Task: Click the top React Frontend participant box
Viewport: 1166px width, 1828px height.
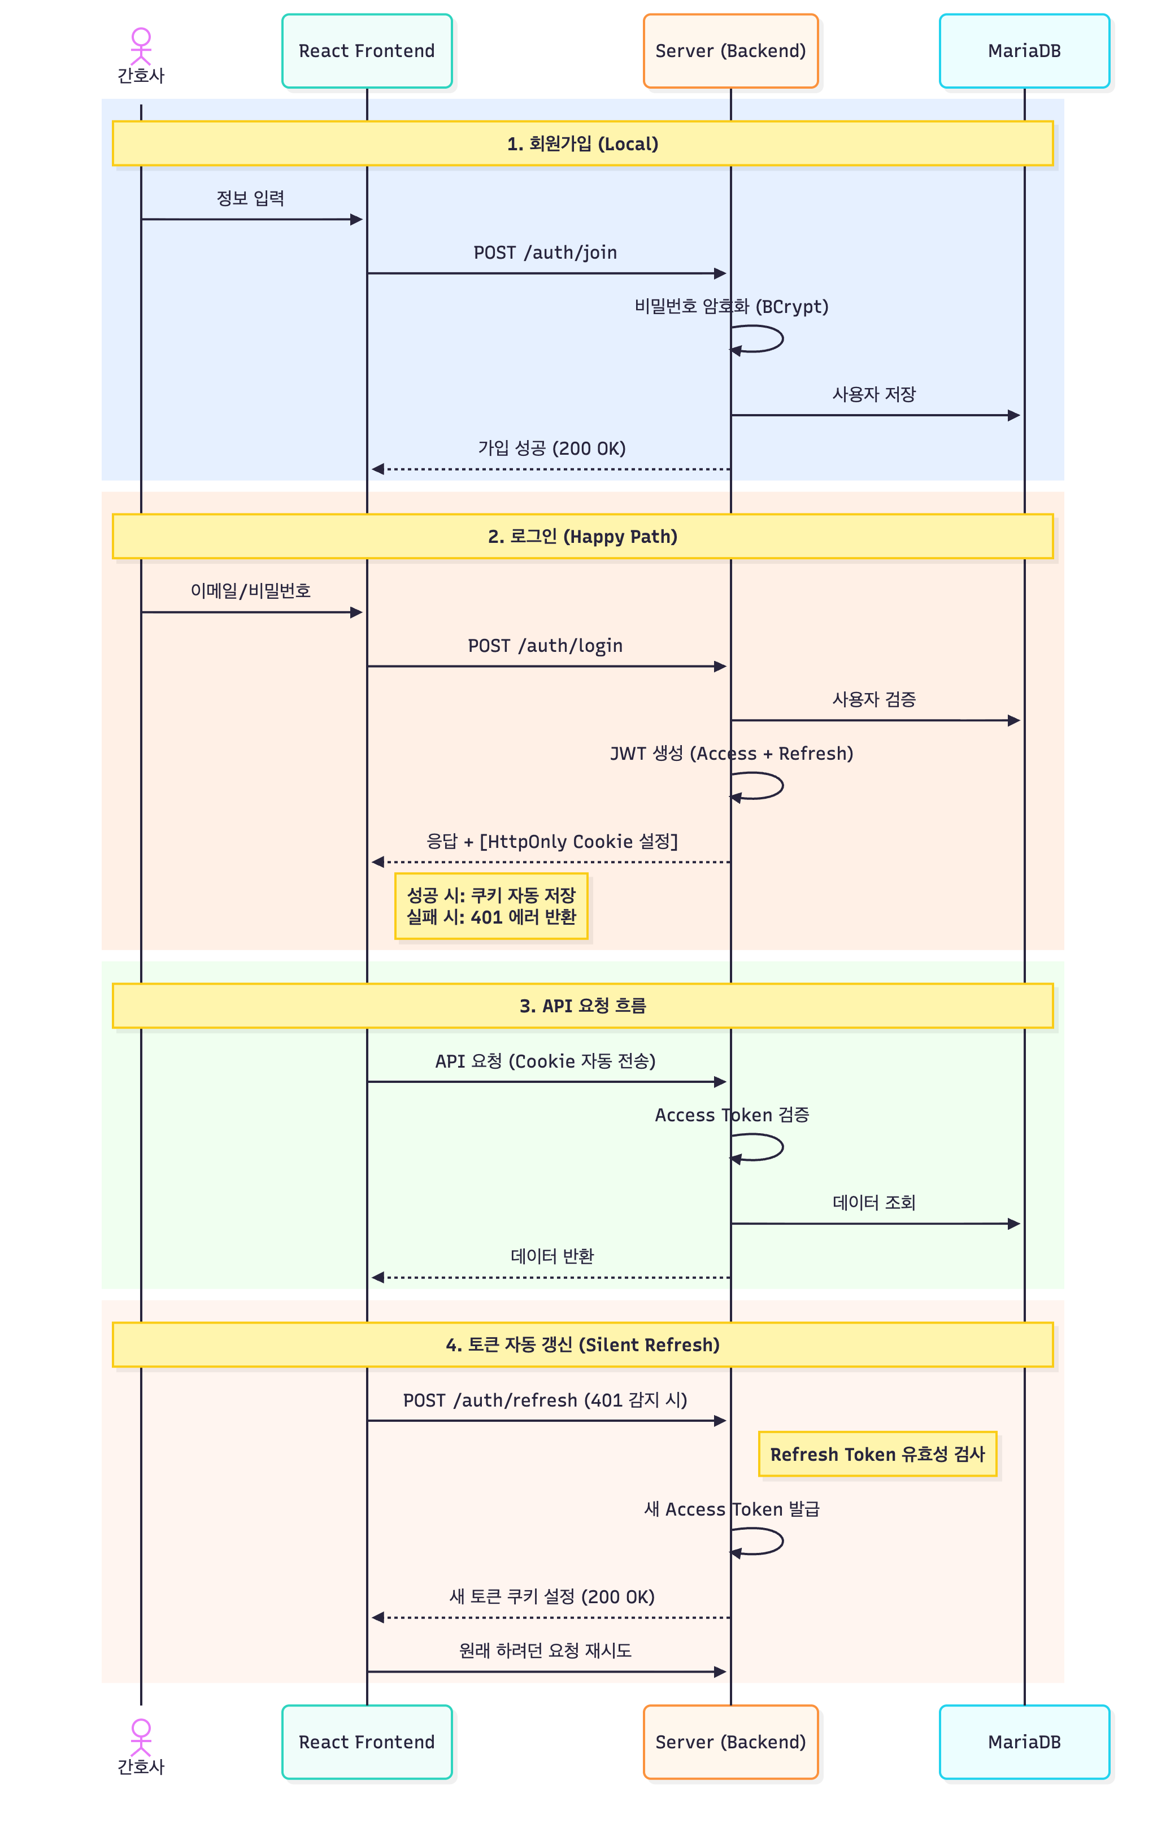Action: [x=367, y=51]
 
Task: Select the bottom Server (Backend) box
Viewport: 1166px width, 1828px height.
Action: [x=730, y=1742]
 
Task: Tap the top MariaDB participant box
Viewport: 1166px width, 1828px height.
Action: [x=1024, y=51]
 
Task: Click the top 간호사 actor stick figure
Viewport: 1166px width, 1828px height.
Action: [x=141, y=46]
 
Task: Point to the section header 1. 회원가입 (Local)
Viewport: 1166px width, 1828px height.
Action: [x=582, y=143]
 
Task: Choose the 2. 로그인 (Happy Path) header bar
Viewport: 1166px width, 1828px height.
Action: [x=582, y=536]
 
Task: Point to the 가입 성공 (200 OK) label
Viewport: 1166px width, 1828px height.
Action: [x=552, y=449]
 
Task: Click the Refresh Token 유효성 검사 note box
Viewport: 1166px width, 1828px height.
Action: [x=877, y=1453]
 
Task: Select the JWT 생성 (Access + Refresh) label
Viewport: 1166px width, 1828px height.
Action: [x=731, y=754]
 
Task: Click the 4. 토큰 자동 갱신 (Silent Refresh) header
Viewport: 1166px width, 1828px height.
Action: [x=582, y=1344]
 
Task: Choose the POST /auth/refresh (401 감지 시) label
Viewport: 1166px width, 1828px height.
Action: [x=545, y=1400]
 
